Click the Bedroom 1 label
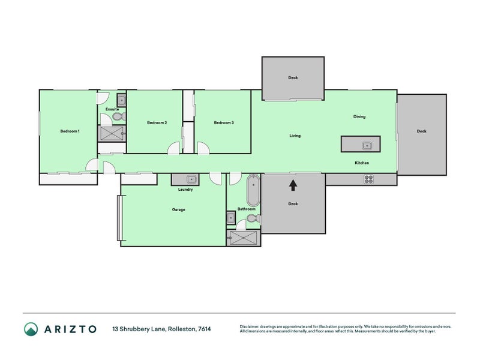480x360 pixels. [70, 131]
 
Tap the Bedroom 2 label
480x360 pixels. [157, 122]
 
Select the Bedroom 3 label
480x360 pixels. [224, 122]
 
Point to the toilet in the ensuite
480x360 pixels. [119, 116]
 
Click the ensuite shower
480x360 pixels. [112, 133]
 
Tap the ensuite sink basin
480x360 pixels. [122, 100]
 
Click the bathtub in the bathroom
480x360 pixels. [253, 190]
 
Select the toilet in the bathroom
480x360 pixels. [254, 218]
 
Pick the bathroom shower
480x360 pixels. [244, 238]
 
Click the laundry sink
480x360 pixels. [191, 179]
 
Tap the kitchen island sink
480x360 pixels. [367, 146]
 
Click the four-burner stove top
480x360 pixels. [369, 179]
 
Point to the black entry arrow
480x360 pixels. [293, 185]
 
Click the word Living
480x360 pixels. [295, 136]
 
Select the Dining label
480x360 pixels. [359, 116]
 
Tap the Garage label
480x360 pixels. [178, 209]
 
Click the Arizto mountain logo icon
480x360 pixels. [31, 329]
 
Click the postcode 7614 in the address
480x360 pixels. [205, 329]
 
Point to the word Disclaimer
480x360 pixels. [249, 326]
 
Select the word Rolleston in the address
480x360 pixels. [182, 329]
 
